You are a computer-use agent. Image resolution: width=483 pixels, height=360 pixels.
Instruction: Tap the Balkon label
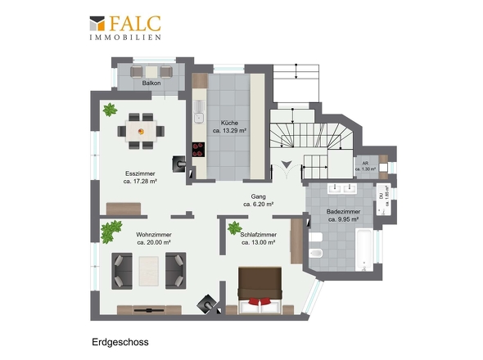(x=151, y=83)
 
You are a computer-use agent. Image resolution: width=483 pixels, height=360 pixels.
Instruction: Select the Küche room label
(x=229, y=121)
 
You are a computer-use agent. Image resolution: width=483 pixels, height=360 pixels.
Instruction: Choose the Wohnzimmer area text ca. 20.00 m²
(x=153, y=242)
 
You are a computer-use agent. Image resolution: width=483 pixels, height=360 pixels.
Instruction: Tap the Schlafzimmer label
(x=257, y=235)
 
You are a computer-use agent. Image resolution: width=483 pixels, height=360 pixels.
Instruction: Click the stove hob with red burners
(x=198, y=149)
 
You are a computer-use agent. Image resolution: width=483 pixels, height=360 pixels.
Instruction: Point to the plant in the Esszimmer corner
(x=109, y=109)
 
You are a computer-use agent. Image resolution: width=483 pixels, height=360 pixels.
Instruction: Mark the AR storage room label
(x=368, y=164)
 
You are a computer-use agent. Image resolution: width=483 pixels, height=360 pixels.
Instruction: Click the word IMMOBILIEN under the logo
(x=124, y=38)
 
